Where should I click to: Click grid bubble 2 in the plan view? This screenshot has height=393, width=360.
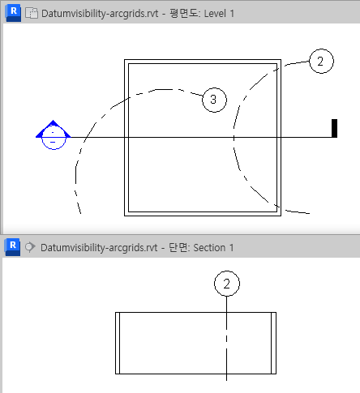coord(321,61)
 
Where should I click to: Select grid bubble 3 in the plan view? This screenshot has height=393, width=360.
coord(214,100)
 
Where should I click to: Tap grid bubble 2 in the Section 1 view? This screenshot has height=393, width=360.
coord(227,284)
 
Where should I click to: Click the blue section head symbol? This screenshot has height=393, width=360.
coord(54,135)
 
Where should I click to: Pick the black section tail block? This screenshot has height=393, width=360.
coord(334,128)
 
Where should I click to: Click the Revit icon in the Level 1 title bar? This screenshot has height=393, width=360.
coord(13,13)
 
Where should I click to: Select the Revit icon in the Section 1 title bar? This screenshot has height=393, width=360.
coord(12,247)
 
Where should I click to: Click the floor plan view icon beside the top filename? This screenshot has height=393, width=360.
coord(32,13)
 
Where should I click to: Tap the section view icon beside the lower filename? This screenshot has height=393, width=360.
coord(30,247)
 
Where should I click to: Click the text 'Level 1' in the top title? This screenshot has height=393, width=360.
coord(219,14)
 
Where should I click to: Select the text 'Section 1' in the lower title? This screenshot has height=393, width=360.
coord(213,248)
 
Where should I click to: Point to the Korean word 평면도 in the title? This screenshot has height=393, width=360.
coord(184,13)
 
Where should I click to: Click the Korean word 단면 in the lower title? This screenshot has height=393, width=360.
coord(178,247)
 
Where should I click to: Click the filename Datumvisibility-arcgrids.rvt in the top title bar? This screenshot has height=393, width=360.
coord(100,14)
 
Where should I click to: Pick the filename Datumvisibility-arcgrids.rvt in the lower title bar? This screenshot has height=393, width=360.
coord(99,248)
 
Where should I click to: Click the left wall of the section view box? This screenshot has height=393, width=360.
coord(118,343)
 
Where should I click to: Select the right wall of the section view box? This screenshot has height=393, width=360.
coord(273,343)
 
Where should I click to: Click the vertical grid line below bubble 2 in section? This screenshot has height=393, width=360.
coord(226,339)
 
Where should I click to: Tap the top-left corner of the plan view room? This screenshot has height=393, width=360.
coord(124,60)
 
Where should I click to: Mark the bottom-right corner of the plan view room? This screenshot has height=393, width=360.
coord(281,216)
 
